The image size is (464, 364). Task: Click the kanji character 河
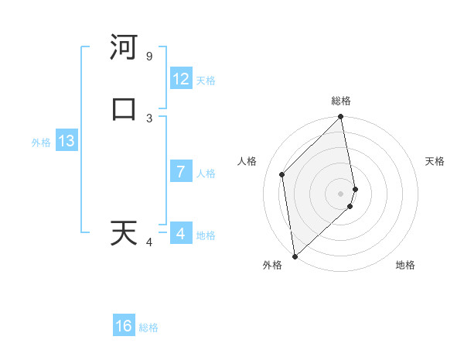pyautogui.click(x=123, y=48)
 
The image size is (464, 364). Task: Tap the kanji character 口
pyautogui.click(x=123, y=109)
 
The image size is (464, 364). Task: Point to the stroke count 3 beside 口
pyautogui.click(x=149, y=118)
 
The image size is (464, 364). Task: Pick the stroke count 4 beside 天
pyautogui.click(x=149, y=242)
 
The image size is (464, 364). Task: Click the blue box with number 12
pyautogui.click(x=181, y=79)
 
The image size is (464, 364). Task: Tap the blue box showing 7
pyautogui.click(x=181, y=172)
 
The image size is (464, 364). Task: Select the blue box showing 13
pyautogui.click(x=67, y=141)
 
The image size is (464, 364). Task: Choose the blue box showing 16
pyautogui.click(x=124, y=326)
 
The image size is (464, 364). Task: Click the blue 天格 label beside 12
pyautogui.click(x=206, y=81)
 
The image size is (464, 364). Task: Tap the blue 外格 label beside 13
pyautogui.click(x=41, y=143)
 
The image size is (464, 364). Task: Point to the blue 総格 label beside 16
pyautogui.click(x=148, y=328)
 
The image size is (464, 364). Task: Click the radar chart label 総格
pyautogui.click(x=341, y=101)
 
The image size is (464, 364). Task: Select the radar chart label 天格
pyautogui.click(x=435, y=161)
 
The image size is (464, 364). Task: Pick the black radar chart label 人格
pyautogui.click(x=247, y=161)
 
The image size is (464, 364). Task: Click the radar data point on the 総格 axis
pyautogui.click(x=341, y=118)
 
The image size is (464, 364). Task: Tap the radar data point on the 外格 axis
pyautogui.click(x=295, y=256)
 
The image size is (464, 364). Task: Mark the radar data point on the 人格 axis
pyautogui.click(x=282, y=174)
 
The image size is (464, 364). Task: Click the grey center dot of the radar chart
pyautogui.click(x=341, y=193)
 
